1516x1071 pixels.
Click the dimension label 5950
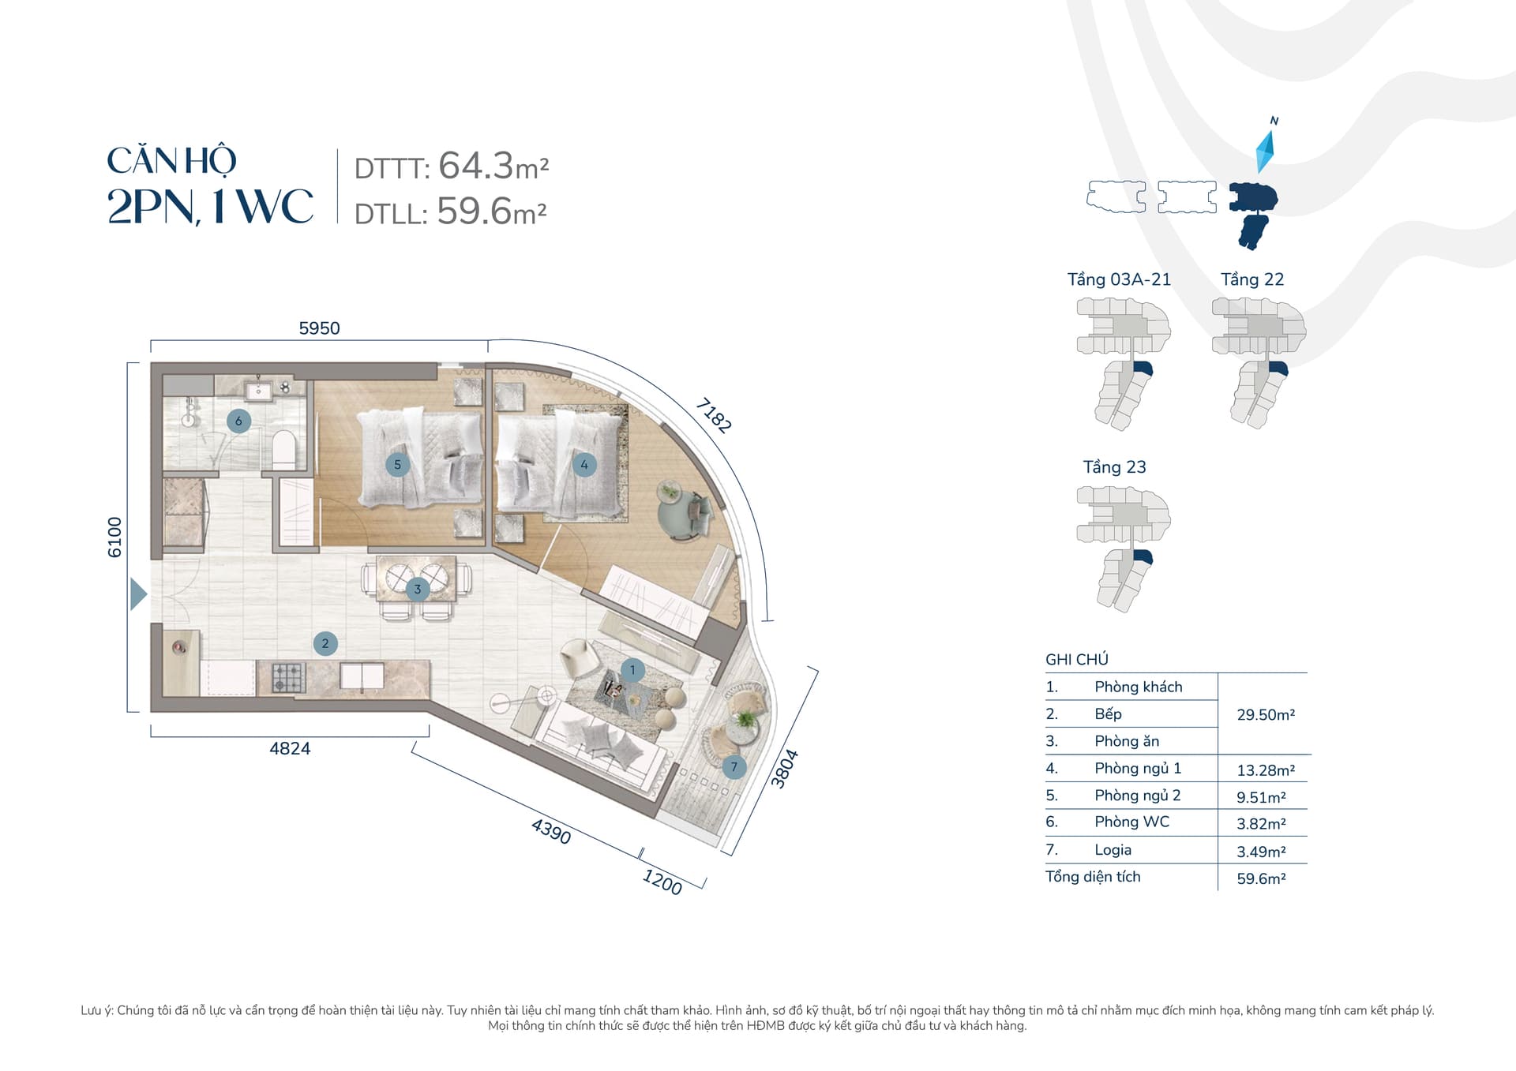click(x=319, y=328)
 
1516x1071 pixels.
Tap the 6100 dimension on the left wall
click(x=115, y=537)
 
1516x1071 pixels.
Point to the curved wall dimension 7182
click(x=714, y=415)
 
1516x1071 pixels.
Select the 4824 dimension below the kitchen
click(x=290, y=748)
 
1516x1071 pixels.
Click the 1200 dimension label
click(x=662, y=882)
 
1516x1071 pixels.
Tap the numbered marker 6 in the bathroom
click(x=238, y=421)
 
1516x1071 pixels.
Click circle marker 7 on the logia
click(x=734, y=766)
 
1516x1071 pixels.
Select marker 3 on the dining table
click(x=418, y=589)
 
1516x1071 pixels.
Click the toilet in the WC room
click(x=283, y=449)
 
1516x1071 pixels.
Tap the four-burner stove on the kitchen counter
click(x=288, y=678)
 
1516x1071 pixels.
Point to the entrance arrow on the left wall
click(x=138, y=594)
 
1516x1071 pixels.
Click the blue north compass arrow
click(x=1265, y=151)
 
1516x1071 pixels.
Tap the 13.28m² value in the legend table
click(x=1266, y=770)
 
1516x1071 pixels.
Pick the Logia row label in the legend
click(x=1113, y=850)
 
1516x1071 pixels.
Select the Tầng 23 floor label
click(x=1114, y=467)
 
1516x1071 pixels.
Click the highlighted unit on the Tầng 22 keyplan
click(x=1278, y=369)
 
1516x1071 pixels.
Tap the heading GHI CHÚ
click(x=1077, y=659)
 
